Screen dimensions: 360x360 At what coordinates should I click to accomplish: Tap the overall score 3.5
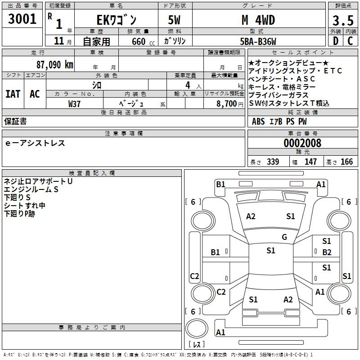342,21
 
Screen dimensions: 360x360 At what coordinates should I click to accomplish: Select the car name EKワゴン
115,20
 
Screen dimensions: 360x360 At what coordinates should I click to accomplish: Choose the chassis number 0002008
302,144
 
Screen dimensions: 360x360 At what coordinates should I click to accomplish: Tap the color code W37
74,103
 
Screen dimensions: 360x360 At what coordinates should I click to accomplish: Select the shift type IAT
13,94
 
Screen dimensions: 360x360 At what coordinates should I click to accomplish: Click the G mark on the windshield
284,237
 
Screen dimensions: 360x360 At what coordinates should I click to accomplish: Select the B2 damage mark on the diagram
326,252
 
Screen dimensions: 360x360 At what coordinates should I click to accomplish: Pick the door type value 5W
175,20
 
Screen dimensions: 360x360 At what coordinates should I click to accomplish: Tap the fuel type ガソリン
175,41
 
